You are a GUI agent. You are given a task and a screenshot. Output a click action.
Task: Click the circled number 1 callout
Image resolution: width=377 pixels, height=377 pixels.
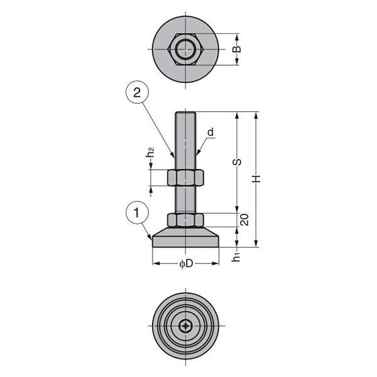click(x=137, y=213)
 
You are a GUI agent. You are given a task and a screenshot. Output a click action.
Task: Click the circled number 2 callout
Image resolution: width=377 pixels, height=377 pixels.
click(x=137, y=92)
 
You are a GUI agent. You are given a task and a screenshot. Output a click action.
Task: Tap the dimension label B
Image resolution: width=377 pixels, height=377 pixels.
click(x=237, y=49)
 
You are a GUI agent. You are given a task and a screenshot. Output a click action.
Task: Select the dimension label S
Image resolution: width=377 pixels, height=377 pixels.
click(x=237, y=162)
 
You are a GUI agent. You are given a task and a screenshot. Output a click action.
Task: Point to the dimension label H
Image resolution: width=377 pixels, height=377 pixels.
click(x=256, y=179)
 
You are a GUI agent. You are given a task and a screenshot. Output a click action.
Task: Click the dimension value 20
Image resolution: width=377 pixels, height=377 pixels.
click(x=244, y=220)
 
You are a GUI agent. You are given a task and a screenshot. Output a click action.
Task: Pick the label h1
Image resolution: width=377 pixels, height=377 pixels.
click(x=236, y=257)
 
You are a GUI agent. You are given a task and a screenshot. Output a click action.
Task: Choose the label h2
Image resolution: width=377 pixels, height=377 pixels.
click(x=150, y=152)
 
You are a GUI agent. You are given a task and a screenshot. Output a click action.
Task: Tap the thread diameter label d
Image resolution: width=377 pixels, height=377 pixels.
click(x=210, y=132)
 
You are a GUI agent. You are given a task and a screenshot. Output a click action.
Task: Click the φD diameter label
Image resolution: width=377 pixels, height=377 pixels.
click(x=186, y=264)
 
